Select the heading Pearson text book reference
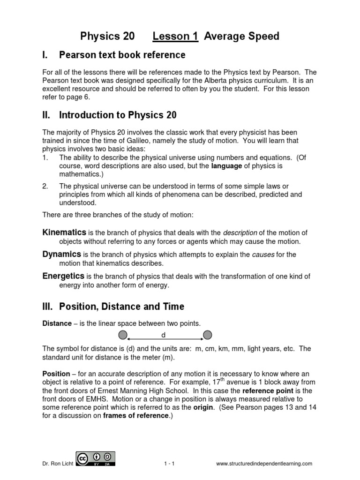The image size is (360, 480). (122, 55)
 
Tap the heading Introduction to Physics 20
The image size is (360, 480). (118, 115)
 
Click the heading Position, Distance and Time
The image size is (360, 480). (121, 307)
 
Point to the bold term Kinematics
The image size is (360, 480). (64, 232)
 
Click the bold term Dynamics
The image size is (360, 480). (62, 254)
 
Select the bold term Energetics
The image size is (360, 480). (63, 276)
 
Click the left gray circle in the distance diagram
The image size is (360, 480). (122, 335)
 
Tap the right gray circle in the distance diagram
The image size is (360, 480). (207, 335)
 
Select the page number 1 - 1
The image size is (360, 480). (169, 464)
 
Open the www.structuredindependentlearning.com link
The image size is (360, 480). (264, 464)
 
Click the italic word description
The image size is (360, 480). (240, 233)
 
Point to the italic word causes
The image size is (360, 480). (263, 255)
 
